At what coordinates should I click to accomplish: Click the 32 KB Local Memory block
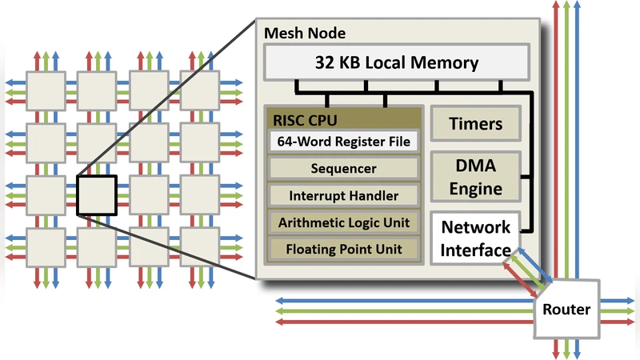pos(396,62)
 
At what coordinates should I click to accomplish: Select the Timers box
pos(476,124)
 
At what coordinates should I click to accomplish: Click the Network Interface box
pos(475,238)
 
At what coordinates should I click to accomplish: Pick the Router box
pos(566,309)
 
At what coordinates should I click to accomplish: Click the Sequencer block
pos(343,170)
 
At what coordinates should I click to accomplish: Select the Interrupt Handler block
pos(343,195)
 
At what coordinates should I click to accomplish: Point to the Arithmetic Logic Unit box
pos(343,222)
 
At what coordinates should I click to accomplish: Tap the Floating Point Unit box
pos(343,248)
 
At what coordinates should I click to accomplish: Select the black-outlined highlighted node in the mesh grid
pos(97,194)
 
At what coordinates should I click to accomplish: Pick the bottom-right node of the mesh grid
pos(199,246)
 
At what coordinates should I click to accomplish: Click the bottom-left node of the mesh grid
pos(45,246)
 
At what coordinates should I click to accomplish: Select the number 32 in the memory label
pos(324,62)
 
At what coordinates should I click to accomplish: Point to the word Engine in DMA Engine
pos(476,189)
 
